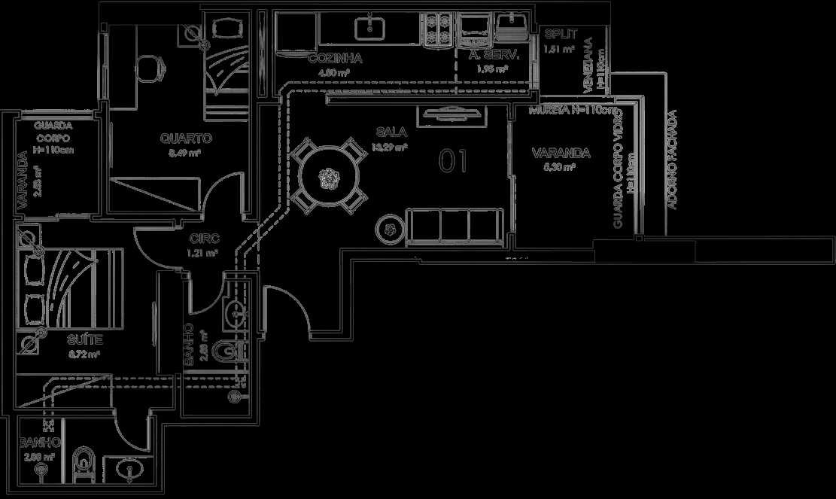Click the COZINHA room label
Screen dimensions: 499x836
point(335,58)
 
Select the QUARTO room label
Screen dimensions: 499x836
point(186,138)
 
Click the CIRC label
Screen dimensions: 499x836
point(203,239)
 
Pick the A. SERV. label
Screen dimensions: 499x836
point(490,55)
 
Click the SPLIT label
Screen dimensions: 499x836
point(561,35)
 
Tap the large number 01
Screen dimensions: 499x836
point(453,160)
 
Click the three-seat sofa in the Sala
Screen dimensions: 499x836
point(454,227)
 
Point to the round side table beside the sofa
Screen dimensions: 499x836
point(390,228)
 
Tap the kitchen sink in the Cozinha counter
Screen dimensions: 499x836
point(369,28)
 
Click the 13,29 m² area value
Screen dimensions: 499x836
point(389,148)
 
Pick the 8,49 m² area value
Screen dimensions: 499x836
point(184,153)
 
